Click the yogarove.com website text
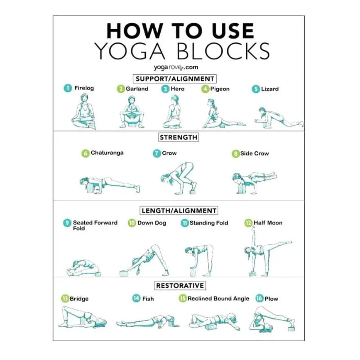click(176, 67)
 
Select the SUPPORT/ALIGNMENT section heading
click(175, 79)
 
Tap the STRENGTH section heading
click(179, 137)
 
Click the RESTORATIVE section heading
click(180, 286)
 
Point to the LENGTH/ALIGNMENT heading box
click(179, 211)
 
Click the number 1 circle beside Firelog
click(68, 88)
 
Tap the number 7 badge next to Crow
click(157, 153)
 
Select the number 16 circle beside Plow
click(259, 298)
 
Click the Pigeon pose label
click(220, 89)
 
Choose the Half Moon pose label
click(268, 223)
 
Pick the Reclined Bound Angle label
click(218, 298)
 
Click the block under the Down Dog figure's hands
click(124, 273)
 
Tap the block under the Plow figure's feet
click(291, 329)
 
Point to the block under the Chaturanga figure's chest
click(90, 188)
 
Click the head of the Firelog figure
click(84, 98)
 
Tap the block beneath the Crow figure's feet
click(193, 192)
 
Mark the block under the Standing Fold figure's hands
click(193, 272)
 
